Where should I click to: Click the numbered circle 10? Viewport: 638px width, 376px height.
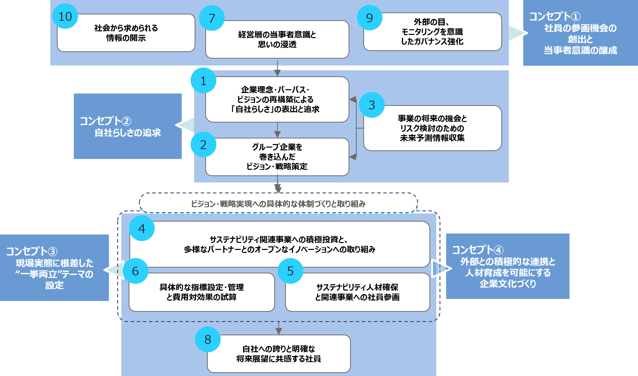[x=65, y=16]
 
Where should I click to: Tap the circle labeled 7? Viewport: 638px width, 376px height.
[x=212, y=18]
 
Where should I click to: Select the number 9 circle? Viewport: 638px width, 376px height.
[x=369, y=18]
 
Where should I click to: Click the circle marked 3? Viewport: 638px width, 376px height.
[x=372, y=105]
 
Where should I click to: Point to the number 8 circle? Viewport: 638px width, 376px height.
[x=208, y=339]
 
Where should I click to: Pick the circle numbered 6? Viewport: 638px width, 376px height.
[x=135, y=271]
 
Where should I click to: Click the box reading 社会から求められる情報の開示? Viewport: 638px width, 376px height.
[x=126, y=33]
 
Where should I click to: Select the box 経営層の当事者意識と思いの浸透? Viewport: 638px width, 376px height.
[x=277, y=39]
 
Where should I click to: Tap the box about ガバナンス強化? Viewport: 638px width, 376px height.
[x=432, y=32]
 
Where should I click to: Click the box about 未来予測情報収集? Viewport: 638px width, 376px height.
[x=432, y=128]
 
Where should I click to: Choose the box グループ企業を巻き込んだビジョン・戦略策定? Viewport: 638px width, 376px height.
[x=277, y=157]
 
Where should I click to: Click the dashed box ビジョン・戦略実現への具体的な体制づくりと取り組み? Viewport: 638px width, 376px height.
[x=279, y=203]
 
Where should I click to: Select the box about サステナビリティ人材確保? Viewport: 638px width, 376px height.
[x=357, y=292]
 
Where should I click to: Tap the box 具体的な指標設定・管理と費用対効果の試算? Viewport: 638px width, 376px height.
[x=202, y=292]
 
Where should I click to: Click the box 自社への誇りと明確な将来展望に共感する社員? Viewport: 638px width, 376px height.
[x=279, y=354]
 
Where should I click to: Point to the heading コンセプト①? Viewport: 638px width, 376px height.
[x=555, y=16]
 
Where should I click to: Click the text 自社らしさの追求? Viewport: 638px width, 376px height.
[x=128, y=132]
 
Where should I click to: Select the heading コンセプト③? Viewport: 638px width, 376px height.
[x=32, y=251]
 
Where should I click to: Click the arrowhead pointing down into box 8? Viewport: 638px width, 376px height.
[x=279, y=332]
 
